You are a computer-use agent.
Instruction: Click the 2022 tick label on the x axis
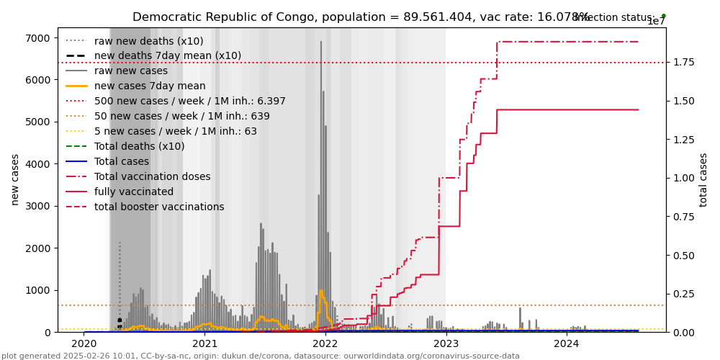[325, 343]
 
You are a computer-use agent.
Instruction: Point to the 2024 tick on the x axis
[567, 343]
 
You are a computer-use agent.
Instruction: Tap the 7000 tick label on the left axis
[37, 38]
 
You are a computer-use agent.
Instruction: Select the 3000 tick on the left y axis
[37, 206]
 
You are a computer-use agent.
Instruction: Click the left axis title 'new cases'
[14, 179]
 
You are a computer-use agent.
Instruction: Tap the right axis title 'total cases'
[703, 179]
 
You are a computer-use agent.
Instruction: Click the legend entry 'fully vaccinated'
[134, 192]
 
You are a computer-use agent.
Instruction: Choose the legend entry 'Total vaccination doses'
[152, 177]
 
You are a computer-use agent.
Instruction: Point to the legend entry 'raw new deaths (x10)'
[148, 42]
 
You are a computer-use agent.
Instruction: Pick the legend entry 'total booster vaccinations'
[159, 207]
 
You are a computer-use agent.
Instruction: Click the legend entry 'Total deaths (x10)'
[139, 147]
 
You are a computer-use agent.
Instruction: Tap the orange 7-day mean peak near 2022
[321, 291]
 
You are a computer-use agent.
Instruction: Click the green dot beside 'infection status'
[663, 16]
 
